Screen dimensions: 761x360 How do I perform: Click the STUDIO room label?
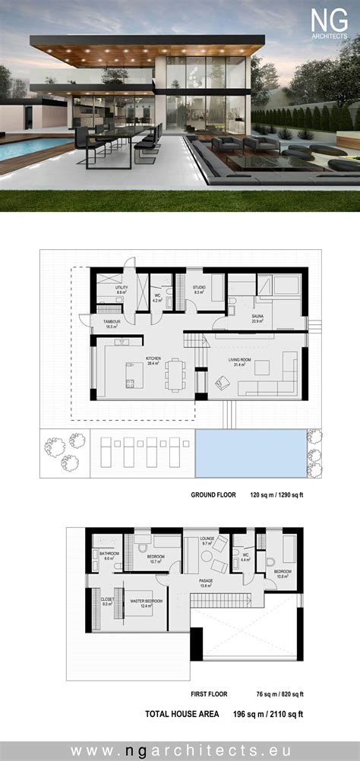pos(199,288)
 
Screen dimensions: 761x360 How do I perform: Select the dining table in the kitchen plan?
pos(176,374)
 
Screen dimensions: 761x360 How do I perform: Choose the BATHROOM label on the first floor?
pos(109,554)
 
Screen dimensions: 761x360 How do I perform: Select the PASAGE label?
pos(206,582)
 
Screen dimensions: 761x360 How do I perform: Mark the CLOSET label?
pos(106,600)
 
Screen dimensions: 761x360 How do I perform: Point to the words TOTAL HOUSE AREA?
pos(182,714)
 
